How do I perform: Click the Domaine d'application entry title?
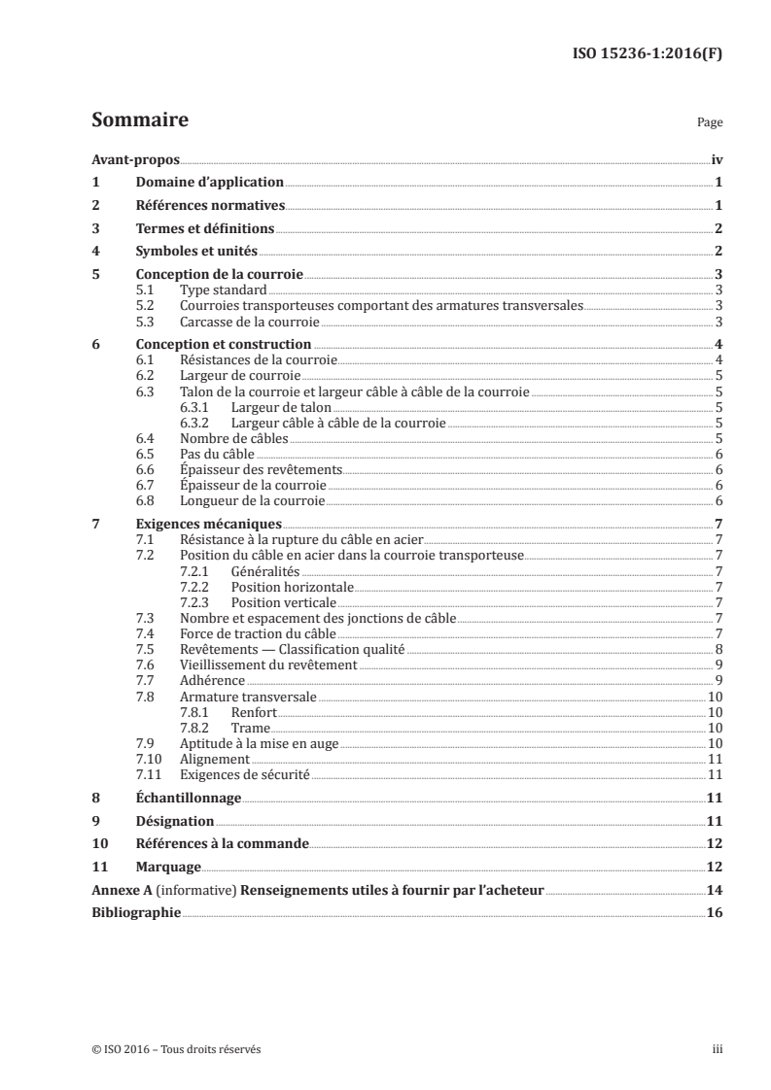[208, 183]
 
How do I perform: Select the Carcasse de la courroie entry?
[249, 321]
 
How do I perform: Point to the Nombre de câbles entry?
[235, 439]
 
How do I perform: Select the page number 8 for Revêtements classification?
[718, 649]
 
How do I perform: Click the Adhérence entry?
[213, 680]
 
